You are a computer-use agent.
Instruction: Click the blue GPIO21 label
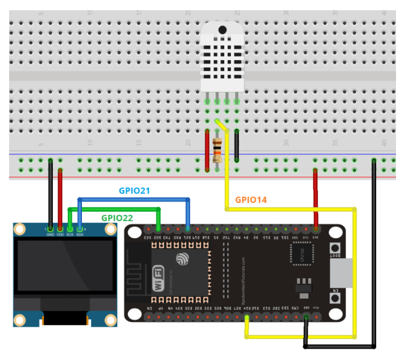(134, 191)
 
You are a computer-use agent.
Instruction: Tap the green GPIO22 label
(118, 217)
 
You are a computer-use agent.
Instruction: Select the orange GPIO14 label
(251, 200)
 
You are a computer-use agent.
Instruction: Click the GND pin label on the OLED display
(51, 234)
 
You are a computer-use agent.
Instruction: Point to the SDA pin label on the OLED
(80, 234)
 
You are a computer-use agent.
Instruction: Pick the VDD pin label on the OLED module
(60, 234)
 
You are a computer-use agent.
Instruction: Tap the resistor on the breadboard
(217, 150)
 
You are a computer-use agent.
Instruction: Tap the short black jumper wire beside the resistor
(236, 146)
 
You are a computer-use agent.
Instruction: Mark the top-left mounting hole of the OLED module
(20, 230)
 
